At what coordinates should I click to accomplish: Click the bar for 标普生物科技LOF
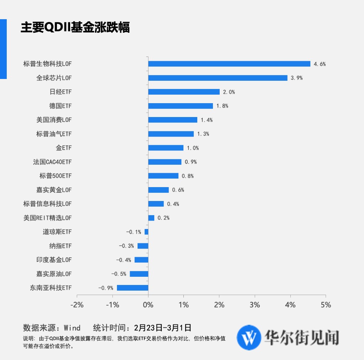[229, 64]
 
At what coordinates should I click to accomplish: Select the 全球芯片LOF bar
[218, 78]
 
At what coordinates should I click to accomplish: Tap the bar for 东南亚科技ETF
[132, 288]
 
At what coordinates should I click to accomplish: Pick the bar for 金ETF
[166, 148]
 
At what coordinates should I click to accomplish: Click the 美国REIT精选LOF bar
[151, 218]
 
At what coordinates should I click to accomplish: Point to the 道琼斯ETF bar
[146, 232]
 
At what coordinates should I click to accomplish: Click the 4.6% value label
[320, 64]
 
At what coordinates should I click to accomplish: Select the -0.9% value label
[106, 288]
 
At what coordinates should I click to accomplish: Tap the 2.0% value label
[229, 92]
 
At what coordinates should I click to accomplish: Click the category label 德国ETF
[60, 106]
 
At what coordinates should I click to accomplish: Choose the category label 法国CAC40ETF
[52, 162]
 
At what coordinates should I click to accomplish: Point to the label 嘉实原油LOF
[54, 274]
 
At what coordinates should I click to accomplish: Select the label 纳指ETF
[60, 246]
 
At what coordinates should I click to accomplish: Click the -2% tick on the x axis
[77, 305]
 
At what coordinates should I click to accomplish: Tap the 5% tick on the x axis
[326, 305]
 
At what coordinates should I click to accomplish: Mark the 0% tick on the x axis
[148, 305]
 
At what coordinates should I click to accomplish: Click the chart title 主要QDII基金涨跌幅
[75, 27]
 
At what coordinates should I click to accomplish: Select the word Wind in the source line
[72, 328]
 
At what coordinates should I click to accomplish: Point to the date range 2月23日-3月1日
[163, 328]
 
